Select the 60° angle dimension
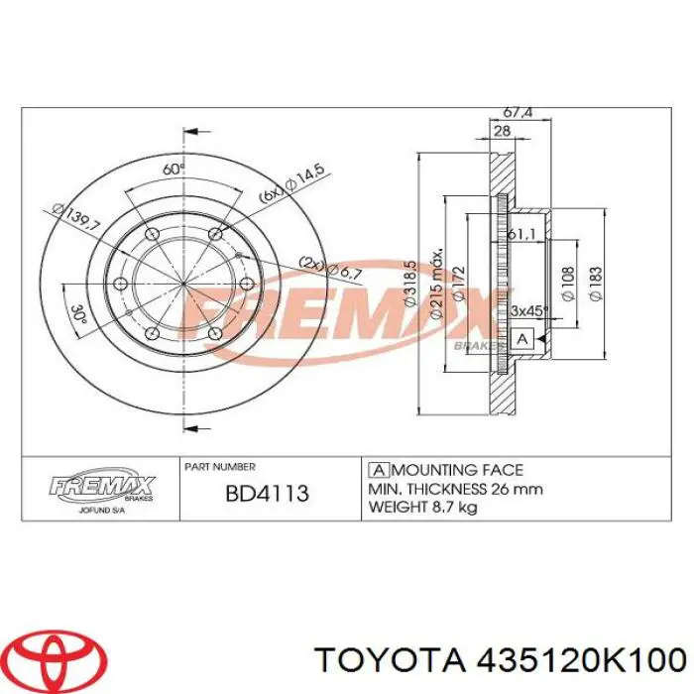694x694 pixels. (x=174, y=170)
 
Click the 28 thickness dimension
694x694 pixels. (x=502, y=132)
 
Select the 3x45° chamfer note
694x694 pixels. (x=528, y=310)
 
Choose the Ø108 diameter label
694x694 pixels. (x=567, y=284)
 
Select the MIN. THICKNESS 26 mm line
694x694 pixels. (x=455, y=488)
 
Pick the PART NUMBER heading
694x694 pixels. (x=219, y=466)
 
